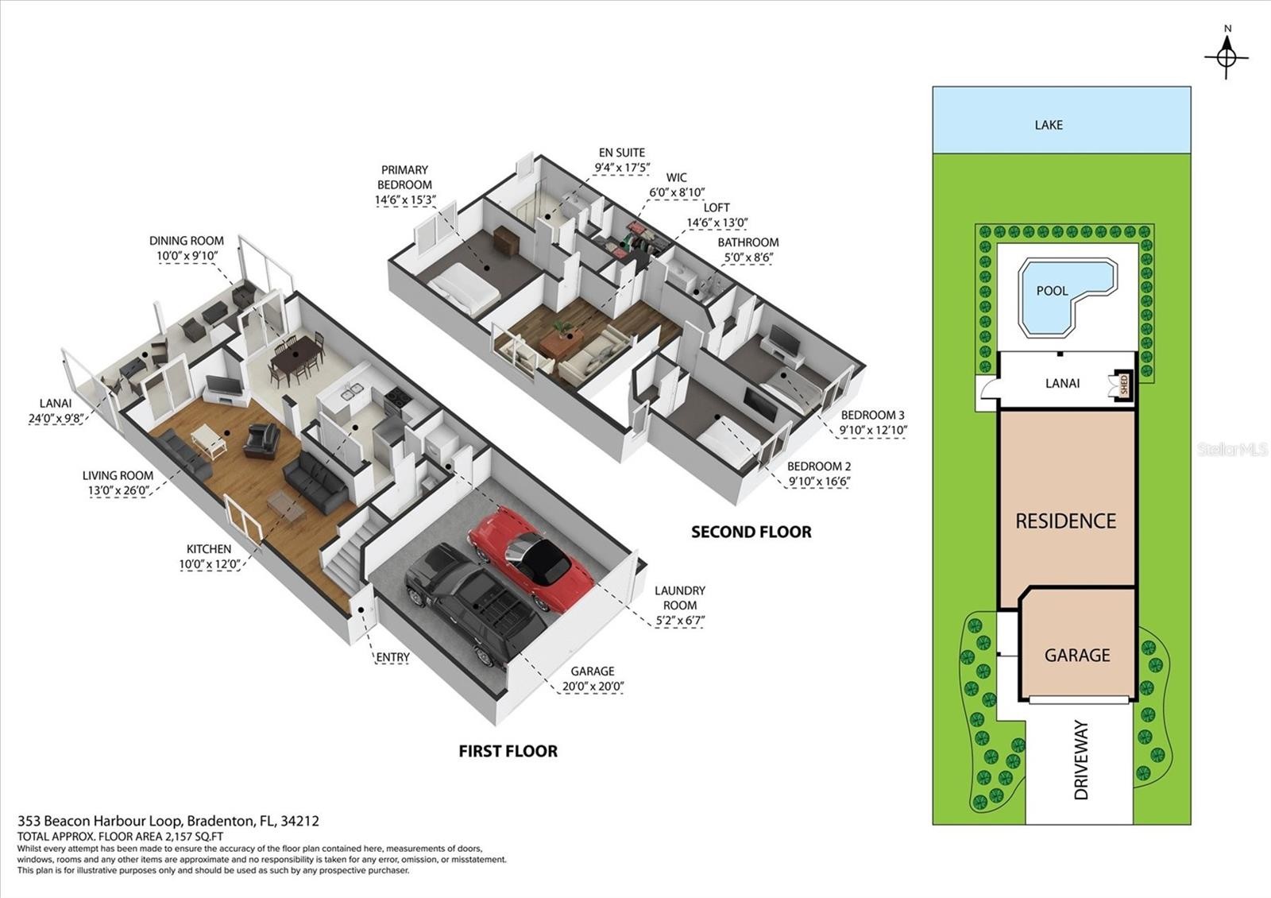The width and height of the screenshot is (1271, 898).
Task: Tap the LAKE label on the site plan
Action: pos(1049,125)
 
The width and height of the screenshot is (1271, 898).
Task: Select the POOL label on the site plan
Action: pos(1052,291)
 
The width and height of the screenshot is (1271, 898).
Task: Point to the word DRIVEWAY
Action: pos(1081,760)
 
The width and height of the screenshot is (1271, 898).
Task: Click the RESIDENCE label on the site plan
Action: pos(1065,521)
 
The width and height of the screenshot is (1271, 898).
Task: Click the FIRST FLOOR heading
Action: pos(508,751)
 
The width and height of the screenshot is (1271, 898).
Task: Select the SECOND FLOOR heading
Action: pos(751,532)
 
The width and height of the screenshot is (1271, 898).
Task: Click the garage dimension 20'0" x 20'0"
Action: pos(593,687)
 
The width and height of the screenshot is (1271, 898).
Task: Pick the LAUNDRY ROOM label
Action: pos(680,598)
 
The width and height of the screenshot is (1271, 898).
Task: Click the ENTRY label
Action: pos(392,657)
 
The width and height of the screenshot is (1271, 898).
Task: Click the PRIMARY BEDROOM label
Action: pos(404,177)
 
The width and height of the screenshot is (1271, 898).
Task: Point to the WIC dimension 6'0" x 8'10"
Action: pos(677,192)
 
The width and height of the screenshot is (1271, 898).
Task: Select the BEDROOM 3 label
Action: pos(873,415)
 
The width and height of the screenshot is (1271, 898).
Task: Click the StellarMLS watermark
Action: pos(1232,449)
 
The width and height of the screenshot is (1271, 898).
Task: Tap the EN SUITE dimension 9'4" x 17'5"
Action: pos(622,168)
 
